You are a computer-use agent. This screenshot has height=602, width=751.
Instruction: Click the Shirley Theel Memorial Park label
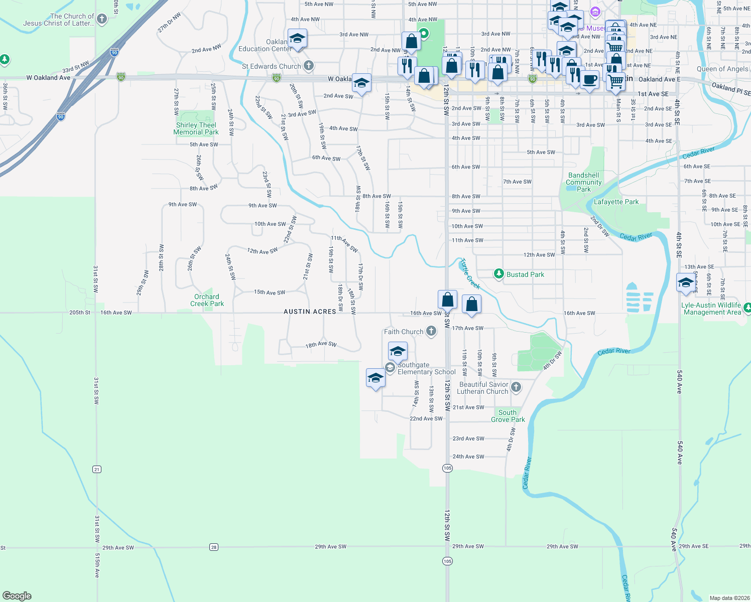tap(196, 129)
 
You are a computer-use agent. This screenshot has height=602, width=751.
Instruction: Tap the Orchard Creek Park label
tap(207, 300)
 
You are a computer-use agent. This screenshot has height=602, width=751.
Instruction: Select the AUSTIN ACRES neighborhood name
tap(310, 312)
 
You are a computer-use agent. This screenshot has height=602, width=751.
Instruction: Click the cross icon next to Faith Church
tap(431, 331)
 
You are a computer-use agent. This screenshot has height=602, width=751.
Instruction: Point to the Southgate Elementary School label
tap(426, 369)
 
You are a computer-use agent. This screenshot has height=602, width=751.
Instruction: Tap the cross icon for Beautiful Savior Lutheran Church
tap(516, 387)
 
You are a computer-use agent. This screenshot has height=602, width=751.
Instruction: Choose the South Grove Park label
tap(508, 416)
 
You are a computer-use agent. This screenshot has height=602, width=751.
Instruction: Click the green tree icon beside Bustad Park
tap(498, 274)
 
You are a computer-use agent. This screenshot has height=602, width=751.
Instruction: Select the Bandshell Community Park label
tap(583, 182)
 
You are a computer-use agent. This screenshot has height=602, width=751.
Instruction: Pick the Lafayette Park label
tap(616, 202)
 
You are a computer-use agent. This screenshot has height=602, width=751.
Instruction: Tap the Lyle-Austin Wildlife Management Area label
tap(711, 309)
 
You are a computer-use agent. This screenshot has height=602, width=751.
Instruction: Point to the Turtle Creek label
tap(470, 274)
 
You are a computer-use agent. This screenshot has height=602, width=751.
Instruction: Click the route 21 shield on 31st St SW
tap(97, 469)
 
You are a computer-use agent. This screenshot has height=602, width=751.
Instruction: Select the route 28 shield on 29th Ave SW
tap(214, 547)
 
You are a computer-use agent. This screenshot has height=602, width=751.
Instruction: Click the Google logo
tap(17, 595)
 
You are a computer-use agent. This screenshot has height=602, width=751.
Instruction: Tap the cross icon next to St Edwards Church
tap(309, 66)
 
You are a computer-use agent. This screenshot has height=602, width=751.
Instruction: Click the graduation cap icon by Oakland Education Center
tap(297, 39)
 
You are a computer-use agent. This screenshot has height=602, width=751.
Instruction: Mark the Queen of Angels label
tap(722, 69)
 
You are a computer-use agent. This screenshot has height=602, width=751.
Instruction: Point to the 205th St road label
tap(80, 313)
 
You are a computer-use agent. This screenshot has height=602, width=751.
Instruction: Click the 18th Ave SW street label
tap(321, 345)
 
